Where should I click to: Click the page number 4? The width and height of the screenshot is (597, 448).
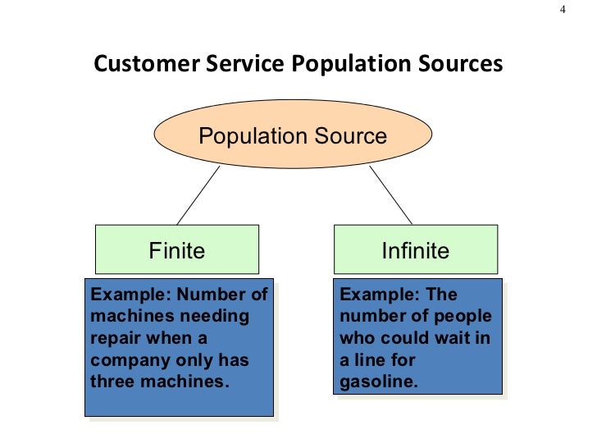click(563, 10)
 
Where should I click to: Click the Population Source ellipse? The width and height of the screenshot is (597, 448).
click(293, 135)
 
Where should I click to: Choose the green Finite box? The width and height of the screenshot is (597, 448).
click(176, 249)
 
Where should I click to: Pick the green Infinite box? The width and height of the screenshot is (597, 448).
click(415, 249)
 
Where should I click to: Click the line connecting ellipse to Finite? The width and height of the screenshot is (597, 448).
click(198, 195)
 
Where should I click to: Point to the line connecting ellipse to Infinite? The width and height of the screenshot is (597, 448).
click(391, 195)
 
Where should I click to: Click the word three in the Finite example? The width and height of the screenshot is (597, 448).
click(112, 382)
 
